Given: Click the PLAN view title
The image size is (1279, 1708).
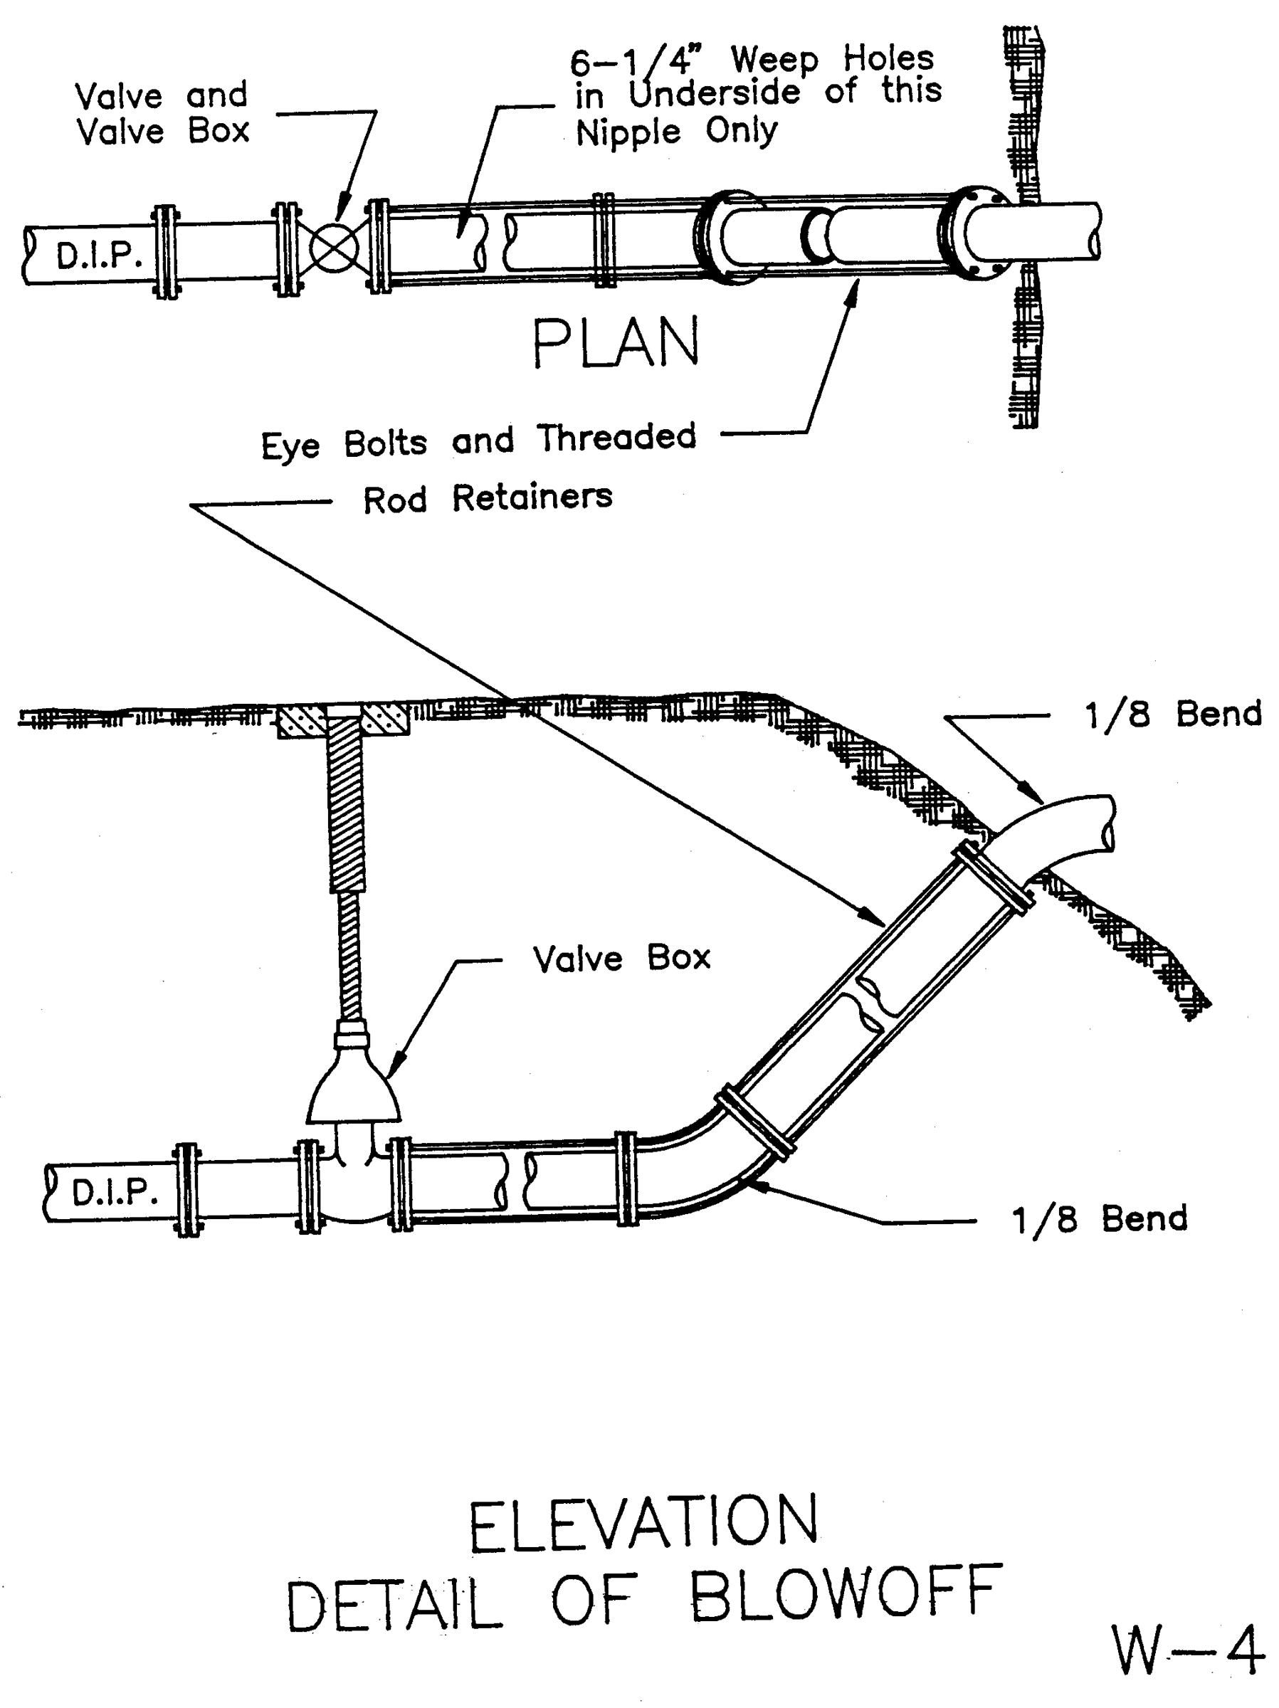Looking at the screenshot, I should [x=616, y=343].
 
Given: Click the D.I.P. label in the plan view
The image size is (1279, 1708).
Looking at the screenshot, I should [x=99, y=255].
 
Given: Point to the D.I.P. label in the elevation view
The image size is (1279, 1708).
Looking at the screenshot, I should [x=115, y=1192].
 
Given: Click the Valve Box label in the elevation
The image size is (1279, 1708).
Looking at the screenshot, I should [x=621, y=958].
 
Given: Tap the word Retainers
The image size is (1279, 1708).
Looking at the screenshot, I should [x=532, y=497].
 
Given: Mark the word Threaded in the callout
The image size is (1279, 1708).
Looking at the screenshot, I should [x=616, y=438].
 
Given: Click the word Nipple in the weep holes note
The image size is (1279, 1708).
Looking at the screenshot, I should [x=628, y=133].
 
